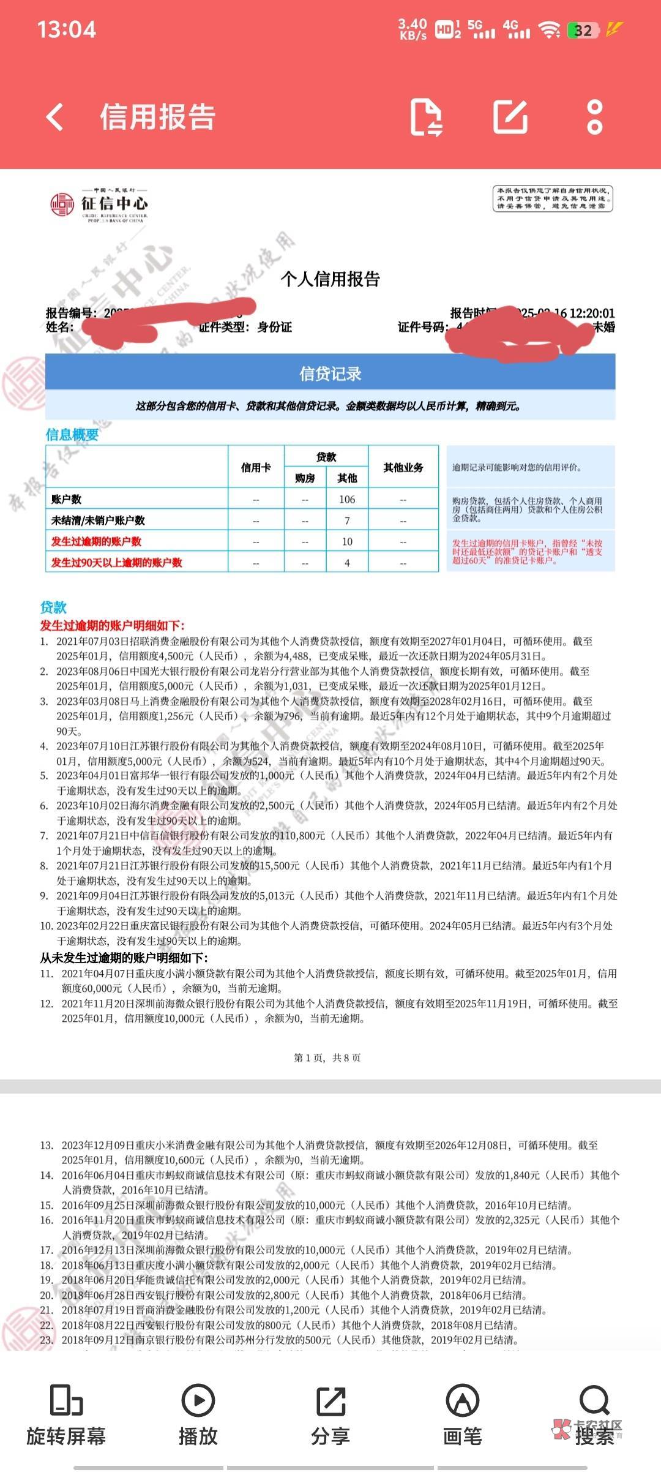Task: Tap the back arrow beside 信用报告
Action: pyautogui.click(x=55, y=116)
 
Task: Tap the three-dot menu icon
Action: pyautogui.click(x=594, y=116)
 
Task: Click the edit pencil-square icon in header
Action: pyautogui.click(x=510, y=116)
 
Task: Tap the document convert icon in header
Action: pyautogui.click(x=426, y=116)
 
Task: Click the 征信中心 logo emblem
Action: pyautogui.click(x=62, y=204)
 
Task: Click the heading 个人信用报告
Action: pyautogui.click(x=330, y=279)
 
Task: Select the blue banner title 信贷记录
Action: pyautogui.click(x=330, y=374)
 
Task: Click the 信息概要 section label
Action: pyautogui.click(x=72, y=435)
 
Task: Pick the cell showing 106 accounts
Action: pyautogui.click(x=347, y=499)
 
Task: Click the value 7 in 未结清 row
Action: pyautogui.click(x=347, y=520)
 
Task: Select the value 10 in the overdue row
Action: pyautogui.click(x=347, y=541)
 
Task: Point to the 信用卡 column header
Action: pyautogui.click(x=256, y=467)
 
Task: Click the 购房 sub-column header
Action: pyautogui.click(x=305, y=478)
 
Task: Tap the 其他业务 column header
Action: pyautogui.click(x=403, y=467)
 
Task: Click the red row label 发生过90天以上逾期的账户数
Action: pyautogui.click(x=117, y=562)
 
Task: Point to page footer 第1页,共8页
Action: pyautogui.click(x=327, y=1057)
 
